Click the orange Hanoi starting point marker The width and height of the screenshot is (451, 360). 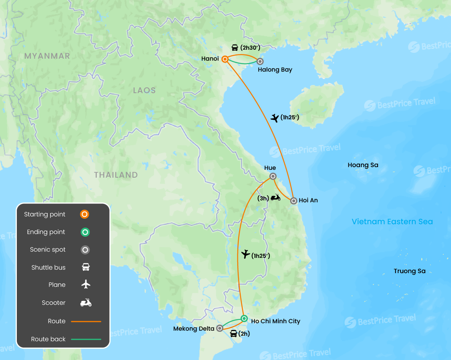click(225, 59)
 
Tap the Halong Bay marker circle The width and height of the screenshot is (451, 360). click(260, 61)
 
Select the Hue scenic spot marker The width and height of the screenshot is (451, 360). click(273, 176)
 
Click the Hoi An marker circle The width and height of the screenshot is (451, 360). click(294, 201)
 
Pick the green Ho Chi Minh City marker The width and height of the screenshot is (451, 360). click(244, 318)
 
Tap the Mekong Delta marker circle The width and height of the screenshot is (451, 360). click(220, 328)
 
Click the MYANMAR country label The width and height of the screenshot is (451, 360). click(47, 56)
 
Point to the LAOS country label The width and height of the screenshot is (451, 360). click(144, 90)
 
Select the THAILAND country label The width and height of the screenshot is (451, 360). click(116, 175)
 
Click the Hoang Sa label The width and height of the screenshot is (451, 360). click(363, 165)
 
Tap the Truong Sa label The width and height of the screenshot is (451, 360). click(410, 271)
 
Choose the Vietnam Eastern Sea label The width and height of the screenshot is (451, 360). click(392, 222)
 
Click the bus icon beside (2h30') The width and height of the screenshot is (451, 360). click(235, 48)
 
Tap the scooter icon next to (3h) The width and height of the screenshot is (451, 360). click(276, 197)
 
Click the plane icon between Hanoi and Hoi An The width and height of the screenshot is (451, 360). click(275, 118)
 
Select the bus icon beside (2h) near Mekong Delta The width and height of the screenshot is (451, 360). click(233, 334)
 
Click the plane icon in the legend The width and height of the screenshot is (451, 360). click(86, 284)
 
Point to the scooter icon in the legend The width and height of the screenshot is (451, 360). click(86, 302)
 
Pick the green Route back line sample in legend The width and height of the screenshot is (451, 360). click(86, 339)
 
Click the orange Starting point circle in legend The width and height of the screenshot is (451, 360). click(85, 214)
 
